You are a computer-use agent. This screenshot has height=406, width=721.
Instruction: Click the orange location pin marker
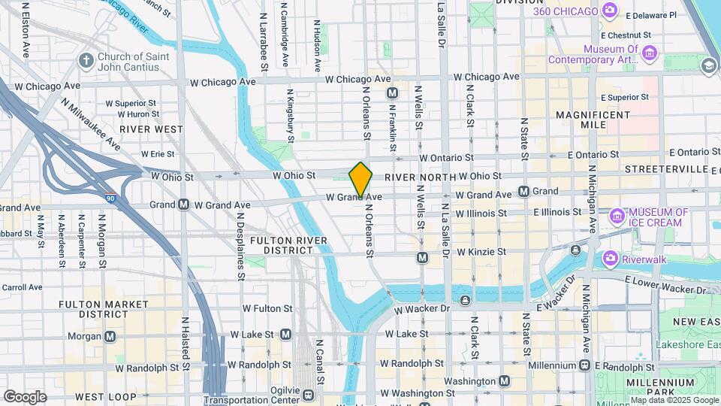[360, 179]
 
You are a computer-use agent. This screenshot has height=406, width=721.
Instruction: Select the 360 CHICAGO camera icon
[610, 11]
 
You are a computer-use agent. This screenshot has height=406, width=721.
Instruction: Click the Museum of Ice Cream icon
[618, 217]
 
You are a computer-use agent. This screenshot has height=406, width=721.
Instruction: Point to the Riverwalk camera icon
[610, 259]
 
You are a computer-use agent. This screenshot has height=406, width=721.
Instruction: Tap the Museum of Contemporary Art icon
[650, 53]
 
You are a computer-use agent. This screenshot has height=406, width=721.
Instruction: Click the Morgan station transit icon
[110, 336]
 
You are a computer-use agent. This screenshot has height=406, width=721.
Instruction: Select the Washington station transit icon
[504, 381]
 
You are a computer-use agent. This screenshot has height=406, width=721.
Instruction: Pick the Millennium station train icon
[585, 365]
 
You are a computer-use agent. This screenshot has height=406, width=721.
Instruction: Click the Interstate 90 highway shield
[110, 198]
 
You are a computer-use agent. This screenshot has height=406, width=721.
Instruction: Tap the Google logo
[25, 396]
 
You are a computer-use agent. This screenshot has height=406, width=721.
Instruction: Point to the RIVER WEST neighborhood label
[150, 129]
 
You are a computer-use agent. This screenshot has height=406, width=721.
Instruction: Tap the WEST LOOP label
[100, 396]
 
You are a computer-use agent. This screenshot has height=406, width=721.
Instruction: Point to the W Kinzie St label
[487, 252]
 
